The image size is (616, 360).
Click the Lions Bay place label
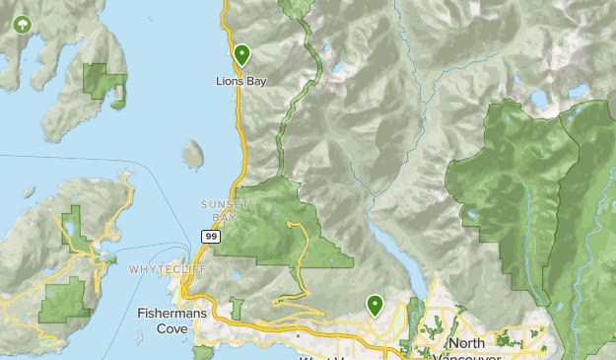[241, 81]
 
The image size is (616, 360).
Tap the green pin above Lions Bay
[241, 53]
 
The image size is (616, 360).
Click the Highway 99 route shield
[211, 236]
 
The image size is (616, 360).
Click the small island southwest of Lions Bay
[193, 153]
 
